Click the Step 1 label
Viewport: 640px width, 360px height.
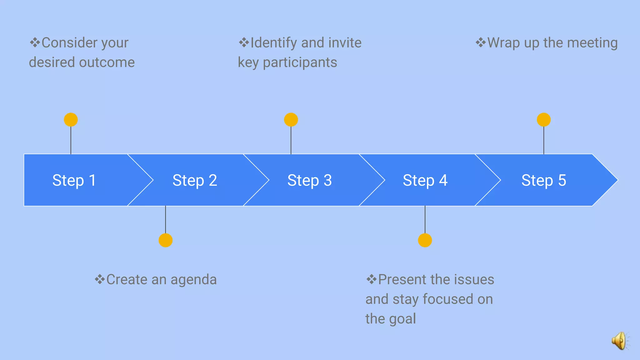coord(74,180)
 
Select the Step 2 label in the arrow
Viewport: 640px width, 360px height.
coord(195,180)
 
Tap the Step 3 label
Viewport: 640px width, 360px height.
coord(309,180)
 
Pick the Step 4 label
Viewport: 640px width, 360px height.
coord(425,180)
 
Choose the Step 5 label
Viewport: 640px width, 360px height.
coord(543,180)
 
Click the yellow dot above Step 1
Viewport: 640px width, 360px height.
coord(71,120)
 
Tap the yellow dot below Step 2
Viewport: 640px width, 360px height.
coord(166,240)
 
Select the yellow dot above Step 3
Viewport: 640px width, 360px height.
coord(291,120)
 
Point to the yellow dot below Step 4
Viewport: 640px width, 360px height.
coord(425,240)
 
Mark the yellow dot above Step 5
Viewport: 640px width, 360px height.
coord(544,120)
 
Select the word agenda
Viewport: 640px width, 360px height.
coord(193,280)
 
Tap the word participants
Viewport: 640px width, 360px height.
coord(300,62)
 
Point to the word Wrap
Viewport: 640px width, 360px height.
coord(503,43)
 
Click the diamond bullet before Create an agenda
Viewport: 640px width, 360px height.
coord(100,279)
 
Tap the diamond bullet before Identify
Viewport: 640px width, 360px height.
coord(244,42)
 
